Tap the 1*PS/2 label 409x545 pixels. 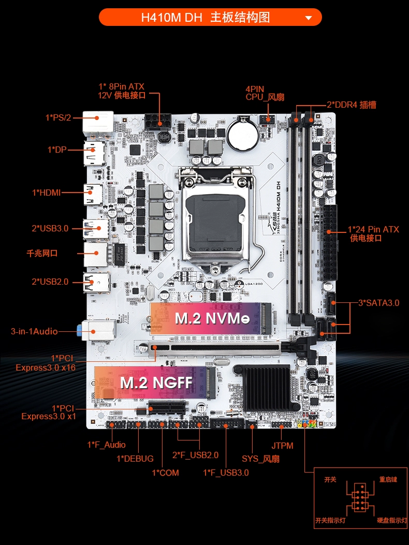[x=58, y=117]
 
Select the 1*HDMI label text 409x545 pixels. [x=46, y=192]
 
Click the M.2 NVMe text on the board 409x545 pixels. [x=212, y=318]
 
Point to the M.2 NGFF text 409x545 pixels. [x=156, y=382]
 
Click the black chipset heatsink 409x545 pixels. [x=267, y=388]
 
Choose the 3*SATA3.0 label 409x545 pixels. [x=378, y=303]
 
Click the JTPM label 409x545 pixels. [x=282, y=446]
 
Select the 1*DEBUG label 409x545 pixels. [x=135, y=459]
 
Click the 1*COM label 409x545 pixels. [x=165, y=473]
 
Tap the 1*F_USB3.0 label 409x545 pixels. [x=226, y=473]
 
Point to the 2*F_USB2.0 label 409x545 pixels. [x=196, y=455]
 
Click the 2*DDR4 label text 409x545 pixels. [x=351, y=105]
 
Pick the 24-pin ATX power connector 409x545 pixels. [x=329, y=243]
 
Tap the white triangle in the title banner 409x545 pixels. [x=309, y=18]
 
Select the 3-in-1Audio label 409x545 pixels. [x=34, y=331]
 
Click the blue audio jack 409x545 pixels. [x=80, y=331]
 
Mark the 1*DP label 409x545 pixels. [x=56, y=150]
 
